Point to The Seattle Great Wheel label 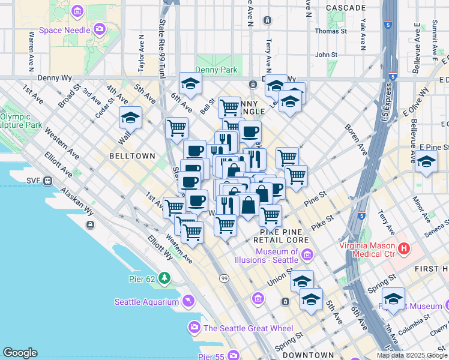[248, 328]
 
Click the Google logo [20, 353]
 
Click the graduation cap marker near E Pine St [426, 161]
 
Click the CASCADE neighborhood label [346, 8]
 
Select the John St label [327, 55]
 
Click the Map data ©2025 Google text [412, 355]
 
